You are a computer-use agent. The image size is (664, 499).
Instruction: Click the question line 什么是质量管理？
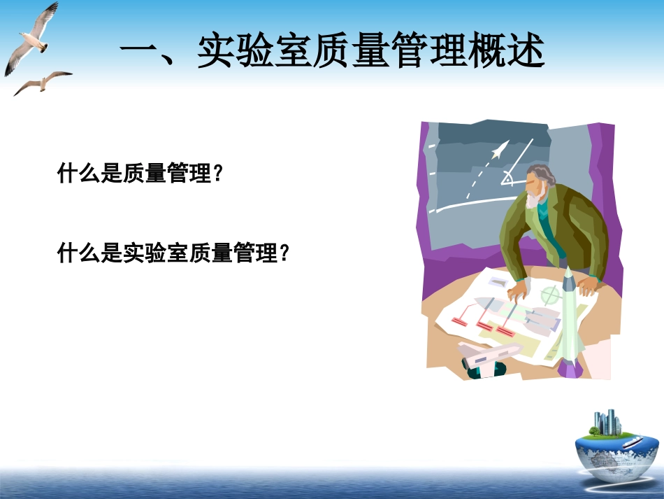(143, 174)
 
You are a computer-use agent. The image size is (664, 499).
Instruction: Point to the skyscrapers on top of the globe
(607, 422)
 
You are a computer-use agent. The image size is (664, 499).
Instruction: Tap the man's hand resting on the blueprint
(518, 289)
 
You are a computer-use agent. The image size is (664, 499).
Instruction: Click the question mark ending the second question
(284, 253)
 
